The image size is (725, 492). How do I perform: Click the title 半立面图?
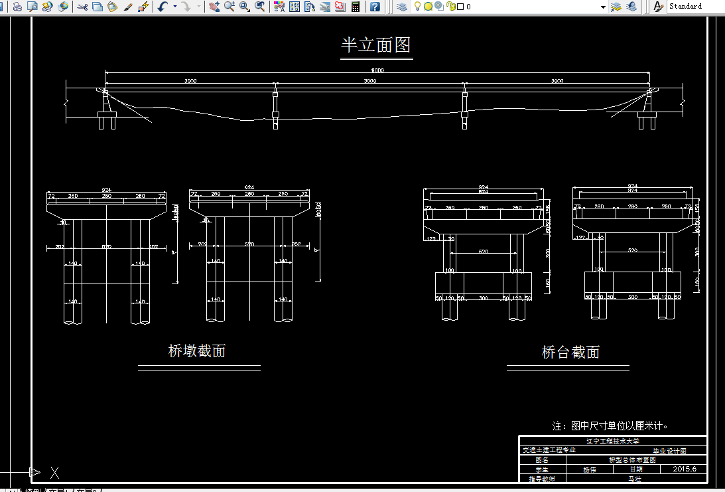tap(376, 45)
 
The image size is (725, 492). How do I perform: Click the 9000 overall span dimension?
tap(377, 70)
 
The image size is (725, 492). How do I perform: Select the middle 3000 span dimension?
tap(370, 81)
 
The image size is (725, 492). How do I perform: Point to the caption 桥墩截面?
tap(197, 351)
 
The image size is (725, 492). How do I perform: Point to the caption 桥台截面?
tap(570, 352)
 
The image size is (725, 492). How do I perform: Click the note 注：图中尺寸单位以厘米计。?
tap(610, 426)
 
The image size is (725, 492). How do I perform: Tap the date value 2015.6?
tap(684, 469)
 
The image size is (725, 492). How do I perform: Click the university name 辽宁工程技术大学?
tap(612, 441)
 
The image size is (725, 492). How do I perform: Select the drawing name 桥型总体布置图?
tap(631, 459)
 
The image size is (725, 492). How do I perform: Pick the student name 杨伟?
tap(589, 469)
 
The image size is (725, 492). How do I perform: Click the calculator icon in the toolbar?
tap(356, 7)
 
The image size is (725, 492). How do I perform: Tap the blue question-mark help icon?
tap(375, 7)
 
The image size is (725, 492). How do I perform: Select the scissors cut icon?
tap(82, 7)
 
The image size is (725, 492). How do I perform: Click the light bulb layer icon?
tap(417, 7)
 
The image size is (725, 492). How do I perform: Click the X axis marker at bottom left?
tap(55, 473)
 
